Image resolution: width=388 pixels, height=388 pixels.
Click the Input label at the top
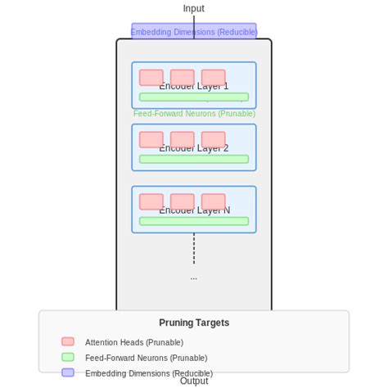point(194,9)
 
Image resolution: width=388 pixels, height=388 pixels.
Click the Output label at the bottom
point(194,381)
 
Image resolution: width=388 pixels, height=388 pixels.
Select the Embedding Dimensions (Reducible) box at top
point(194,32)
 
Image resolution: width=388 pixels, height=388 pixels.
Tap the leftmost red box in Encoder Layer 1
point(151,77)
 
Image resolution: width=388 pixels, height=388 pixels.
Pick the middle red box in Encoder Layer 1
point(183,77)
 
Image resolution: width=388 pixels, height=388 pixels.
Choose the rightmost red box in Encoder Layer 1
point(214,77)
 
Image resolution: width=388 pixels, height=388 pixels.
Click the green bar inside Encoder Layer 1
point(194,97)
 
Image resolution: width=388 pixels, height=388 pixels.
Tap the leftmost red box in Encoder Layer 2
point(151,139)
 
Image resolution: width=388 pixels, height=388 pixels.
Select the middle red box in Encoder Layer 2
point(183,139)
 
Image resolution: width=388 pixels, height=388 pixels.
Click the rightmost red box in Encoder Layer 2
point(214,139)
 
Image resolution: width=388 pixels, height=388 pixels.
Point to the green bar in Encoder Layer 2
point(194,159)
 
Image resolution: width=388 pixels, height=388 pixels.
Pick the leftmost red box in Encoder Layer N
point(151,201)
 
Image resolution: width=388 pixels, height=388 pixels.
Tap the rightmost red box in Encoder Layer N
point(214,201)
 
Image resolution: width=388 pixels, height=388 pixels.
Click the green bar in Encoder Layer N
point(194,221)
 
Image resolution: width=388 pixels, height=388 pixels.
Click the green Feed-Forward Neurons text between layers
point(194,114)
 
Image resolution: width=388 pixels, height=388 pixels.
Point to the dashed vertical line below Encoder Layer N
point(194,249)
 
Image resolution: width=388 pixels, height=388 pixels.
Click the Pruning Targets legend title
point(194,323)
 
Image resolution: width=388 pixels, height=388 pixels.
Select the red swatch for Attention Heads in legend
point(68,341)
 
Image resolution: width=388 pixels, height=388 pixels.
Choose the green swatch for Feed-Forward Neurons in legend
point(68,357)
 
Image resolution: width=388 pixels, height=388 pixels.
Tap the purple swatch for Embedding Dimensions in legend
point(68,372)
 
